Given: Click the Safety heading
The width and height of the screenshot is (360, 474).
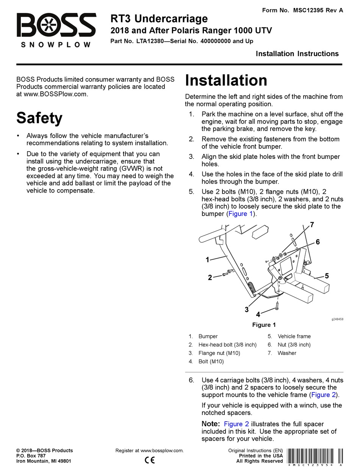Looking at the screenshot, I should pyautogui.click(x=39, y=118).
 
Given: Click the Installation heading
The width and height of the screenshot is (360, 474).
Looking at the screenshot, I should pyautogui.click(x=226, y=80).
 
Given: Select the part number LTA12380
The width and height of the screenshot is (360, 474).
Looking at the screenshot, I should pyautogui.click(x=150, y=41).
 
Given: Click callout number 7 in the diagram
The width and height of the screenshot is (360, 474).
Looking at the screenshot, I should pyautogui.click(x=312, y=225).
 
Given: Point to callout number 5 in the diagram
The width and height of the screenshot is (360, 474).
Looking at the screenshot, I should pyautogui.click(x=327, y=276).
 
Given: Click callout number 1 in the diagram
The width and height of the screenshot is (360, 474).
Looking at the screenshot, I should pyautogui.click(x=207, y=260).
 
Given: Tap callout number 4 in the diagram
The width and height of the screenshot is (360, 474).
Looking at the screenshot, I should pyautogui.click(x=258, y=314).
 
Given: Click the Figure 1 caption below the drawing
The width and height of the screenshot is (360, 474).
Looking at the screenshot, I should pyautogui.click(x=264, y=325).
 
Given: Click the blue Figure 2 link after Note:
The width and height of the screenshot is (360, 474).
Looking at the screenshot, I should pyautogui.click(x=236, y=424).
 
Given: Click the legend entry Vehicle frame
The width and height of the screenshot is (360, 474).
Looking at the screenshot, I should pyautogui.click(x=294, y=336).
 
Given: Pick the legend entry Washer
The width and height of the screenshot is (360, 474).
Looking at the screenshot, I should pyautogui.click(x=287, y=353).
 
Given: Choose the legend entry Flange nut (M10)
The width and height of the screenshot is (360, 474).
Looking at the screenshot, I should pyautogui.click(x=219, y=353).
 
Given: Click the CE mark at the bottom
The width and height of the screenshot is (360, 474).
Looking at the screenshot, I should pyautogui.click(x=150, y=461).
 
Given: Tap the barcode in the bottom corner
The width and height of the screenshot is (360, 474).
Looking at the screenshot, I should pyautogui.click(x=314, y=457).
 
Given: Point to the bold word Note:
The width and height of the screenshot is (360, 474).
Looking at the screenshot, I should pyautogui.click(x=211, y=424).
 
